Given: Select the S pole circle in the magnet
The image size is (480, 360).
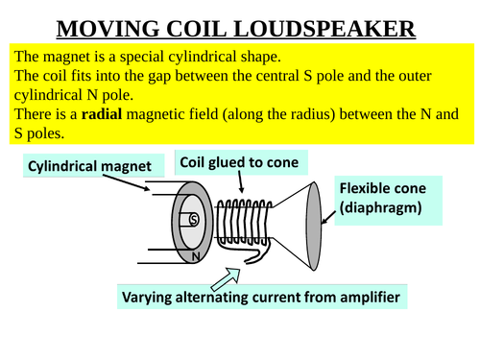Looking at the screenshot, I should [193, 219].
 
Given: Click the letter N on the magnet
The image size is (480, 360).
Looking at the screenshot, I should [196, 257].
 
